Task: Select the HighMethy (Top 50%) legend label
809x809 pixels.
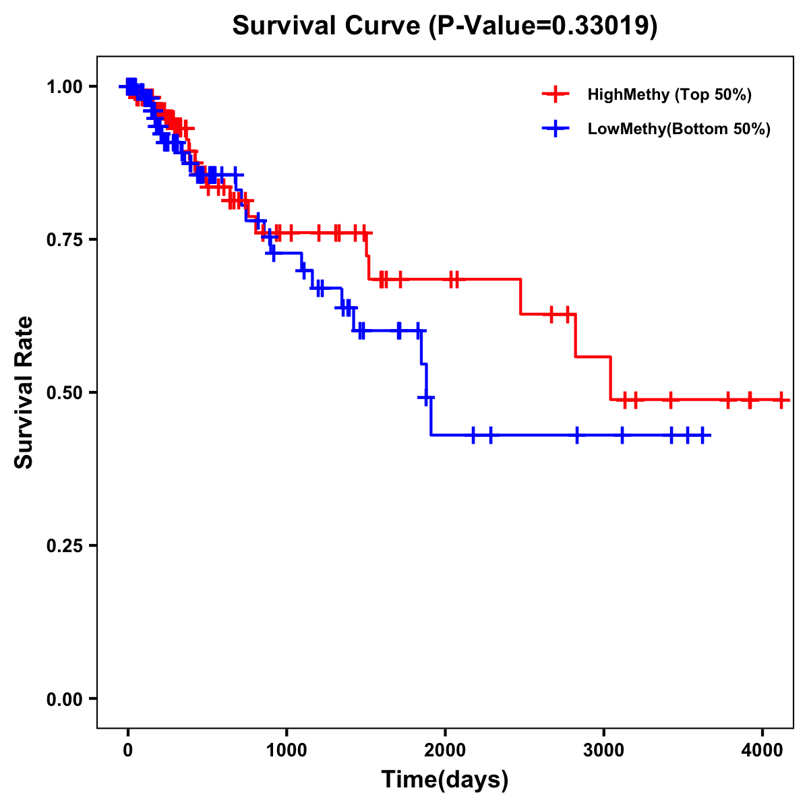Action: (669, 94)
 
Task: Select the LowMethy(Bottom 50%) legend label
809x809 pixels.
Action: (679, 129)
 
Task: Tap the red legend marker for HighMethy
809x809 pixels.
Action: (556, 94)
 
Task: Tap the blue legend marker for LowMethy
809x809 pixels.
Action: (556, 129)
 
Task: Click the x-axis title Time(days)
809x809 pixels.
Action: (445, 780)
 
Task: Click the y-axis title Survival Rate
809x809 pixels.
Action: (24, 392)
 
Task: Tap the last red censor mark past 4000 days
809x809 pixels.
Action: (781, 400)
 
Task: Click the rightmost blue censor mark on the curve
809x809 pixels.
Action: (702, 435)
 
